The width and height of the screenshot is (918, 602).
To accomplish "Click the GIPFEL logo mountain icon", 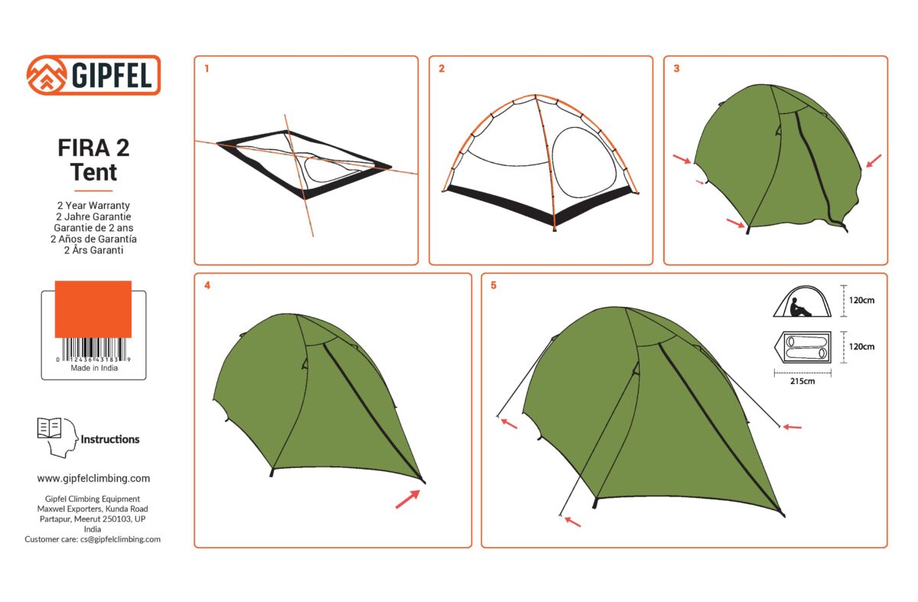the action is pyautogui.click(x=47, y=76).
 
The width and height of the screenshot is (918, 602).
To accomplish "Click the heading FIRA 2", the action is pyautogui.click(x=93, y=148).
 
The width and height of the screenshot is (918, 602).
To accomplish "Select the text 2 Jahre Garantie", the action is pyautogui.click(x=93, y=216).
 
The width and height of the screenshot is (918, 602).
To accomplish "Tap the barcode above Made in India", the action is pyautogui.click(x=93, y=350).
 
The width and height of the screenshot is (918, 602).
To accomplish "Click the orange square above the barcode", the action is pyautogui.click(x=93, y=309).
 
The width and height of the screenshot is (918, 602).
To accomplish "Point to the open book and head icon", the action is pyautogui.click(x=57, y=438).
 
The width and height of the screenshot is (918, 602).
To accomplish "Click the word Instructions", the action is pyautogui.click(x=110, y=439).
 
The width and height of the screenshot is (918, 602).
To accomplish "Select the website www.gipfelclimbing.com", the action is pyautogui.click(x=93, y=478).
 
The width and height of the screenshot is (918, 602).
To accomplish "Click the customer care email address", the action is pyautogui.click(x=121, y=539).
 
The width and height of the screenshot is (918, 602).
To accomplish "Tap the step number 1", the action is pyautogui.click(x=207, y=68).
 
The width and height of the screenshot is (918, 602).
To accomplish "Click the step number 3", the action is pyautogui.click(x=676, y=68).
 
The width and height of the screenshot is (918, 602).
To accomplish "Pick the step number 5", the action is pyautogui.click(x=493, y=285).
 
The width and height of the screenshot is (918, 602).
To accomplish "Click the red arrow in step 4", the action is pyautogui.click(x=408, y=499).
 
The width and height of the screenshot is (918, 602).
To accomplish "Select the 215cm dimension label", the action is pyautogui.click(x=802, y=381).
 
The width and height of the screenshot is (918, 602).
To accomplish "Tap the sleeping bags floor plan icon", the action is pyautogui.click(x=802, y=347).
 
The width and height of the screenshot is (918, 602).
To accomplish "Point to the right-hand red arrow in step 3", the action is pyautogui.click(x=874, y=161).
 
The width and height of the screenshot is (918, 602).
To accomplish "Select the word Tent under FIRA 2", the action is pyautogui.click(x=93, y=172).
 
